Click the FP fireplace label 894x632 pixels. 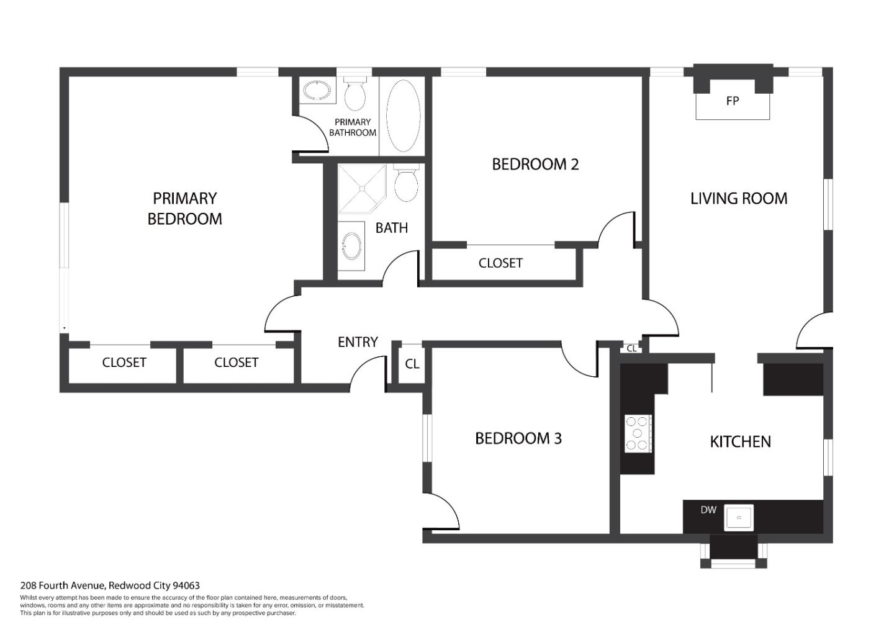click(733, 101)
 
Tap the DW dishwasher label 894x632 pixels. click(708, 510)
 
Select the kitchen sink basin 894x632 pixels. click(739, 518)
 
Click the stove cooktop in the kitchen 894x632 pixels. click(638, 433)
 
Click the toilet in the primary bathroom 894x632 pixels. click(355, 94)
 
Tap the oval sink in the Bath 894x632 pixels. click(351, 246)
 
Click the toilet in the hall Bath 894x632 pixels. click(406, 183)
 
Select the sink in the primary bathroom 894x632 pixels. click(317, 90)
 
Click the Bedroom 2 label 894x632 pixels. click(535, 165)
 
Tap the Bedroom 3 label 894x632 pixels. click(518, 438)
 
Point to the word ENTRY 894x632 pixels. click(358, 342)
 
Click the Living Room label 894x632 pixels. click(739, 198)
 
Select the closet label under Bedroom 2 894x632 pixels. click(500, 263)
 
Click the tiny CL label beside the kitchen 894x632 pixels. click(631, 349)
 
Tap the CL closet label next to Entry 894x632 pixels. click(412, 364)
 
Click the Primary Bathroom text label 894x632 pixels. click(353, 127)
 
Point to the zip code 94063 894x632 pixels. click(186, 585)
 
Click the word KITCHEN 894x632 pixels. click(740, 441)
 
